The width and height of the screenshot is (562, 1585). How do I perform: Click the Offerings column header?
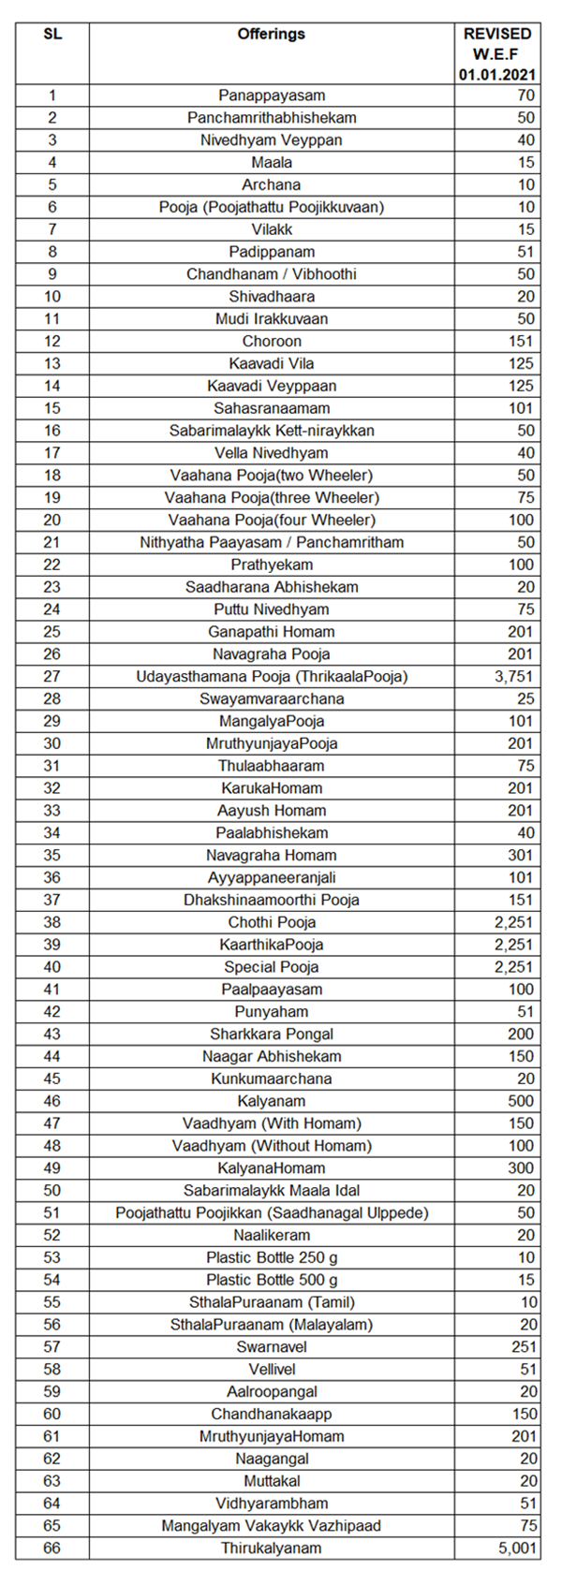click(272, 34)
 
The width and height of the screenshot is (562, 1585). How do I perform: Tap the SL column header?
click(52, 34)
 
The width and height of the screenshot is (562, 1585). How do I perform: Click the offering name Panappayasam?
click(272, 95)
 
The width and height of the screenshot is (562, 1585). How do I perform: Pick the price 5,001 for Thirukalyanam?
click(514, 1548)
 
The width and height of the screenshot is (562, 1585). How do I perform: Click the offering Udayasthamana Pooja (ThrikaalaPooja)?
click(272, 677)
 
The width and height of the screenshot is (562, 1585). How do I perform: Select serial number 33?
click(52, 811)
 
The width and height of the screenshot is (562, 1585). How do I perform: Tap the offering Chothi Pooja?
click(272, 922)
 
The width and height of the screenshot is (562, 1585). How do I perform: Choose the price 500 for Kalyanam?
click(521, 1101)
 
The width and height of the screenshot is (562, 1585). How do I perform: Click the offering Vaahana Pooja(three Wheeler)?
click(272, 498)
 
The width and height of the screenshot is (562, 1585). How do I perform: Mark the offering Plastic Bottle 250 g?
click(272, 1257)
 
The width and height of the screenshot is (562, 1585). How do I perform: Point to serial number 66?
click(52, 1548)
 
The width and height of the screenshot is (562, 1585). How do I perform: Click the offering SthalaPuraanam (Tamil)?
click(272, 1302)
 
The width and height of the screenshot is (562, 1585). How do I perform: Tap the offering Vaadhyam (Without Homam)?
click(272, 1146)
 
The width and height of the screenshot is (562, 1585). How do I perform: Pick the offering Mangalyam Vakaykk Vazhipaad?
click(272, 1526)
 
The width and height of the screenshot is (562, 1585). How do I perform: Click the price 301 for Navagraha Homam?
click(521, 856)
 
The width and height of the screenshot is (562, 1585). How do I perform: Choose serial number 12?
click(52, 342)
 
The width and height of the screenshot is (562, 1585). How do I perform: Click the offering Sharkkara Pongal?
click(272, 1035)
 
